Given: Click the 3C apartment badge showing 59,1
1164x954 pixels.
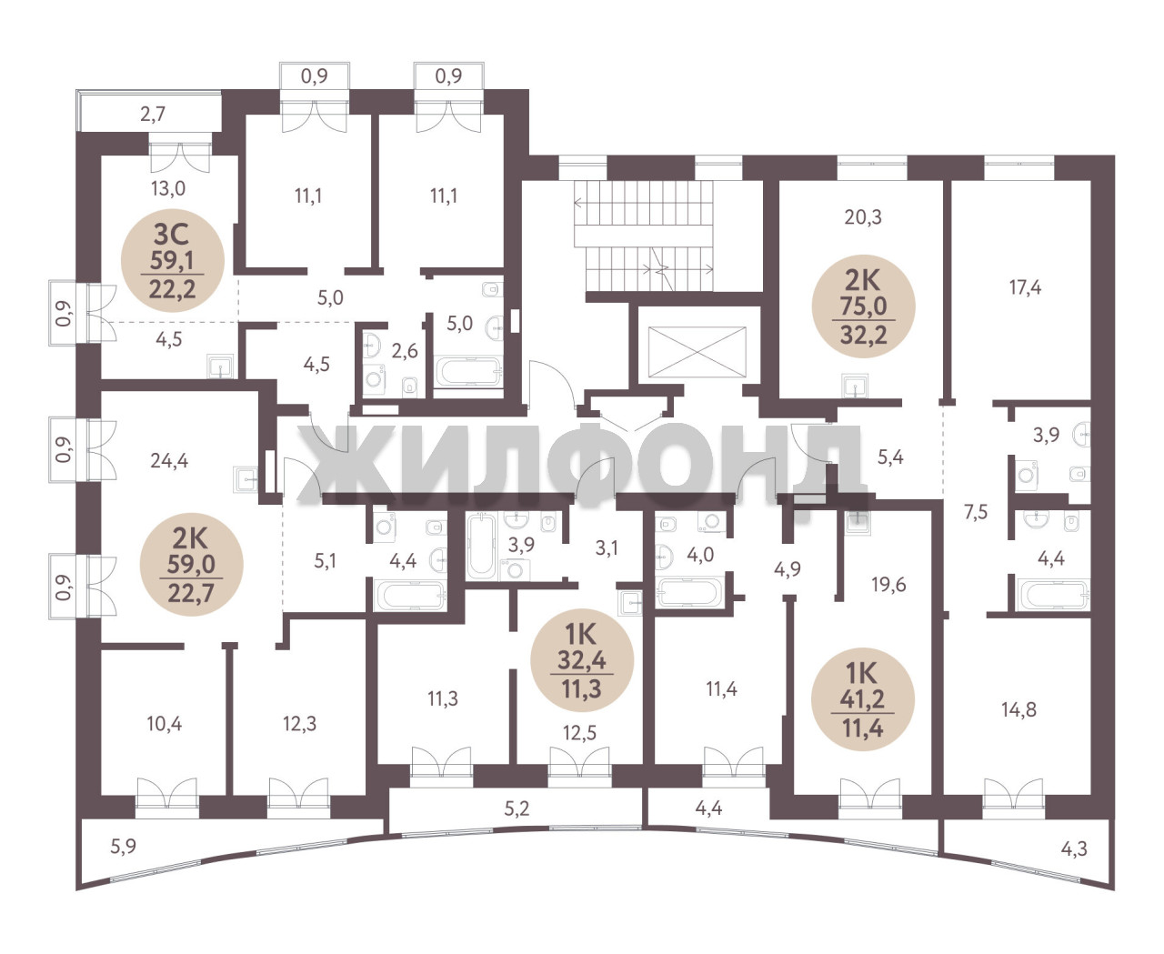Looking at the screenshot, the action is coord(172,260).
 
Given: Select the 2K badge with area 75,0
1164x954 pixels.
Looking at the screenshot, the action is coord(863,306).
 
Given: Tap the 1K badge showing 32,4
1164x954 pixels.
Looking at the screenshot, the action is coord(582,659).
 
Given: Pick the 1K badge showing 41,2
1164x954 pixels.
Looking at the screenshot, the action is coord(863,699).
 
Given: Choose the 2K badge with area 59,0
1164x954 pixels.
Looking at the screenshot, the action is coord(192,564).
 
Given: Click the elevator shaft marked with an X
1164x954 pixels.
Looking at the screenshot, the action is coord(697,352).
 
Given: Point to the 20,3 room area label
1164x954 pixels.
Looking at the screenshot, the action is coord(863,217).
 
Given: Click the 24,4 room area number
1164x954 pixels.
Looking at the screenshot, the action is coord(169,460).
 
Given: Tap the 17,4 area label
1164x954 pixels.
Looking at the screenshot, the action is coord(1025,287).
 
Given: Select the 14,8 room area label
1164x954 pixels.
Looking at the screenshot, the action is coord(1018,709).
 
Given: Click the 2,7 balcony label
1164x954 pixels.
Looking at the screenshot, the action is coord(153,115).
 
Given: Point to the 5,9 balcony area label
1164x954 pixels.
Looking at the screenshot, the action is coord(123,847).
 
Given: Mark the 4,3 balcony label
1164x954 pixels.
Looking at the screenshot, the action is coord(1074,848).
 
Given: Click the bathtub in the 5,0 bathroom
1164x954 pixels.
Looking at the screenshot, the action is coord(468,372).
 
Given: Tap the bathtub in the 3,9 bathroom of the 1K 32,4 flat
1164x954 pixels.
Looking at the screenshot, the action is coord(481,546).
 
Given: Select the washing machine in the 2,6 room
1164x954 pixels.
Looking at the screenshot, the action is coord(376,380).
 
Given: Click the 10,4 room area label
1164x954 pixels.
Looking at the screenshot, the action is coord(165,723).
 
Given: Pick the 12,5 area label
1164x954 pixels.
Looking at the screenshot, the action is coord(579,733).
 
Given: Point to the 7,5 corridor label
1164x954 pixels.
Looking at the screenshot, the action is coord(976,512).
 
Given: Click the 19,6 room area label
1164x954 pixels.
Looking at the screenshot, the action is coord(888,584).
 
